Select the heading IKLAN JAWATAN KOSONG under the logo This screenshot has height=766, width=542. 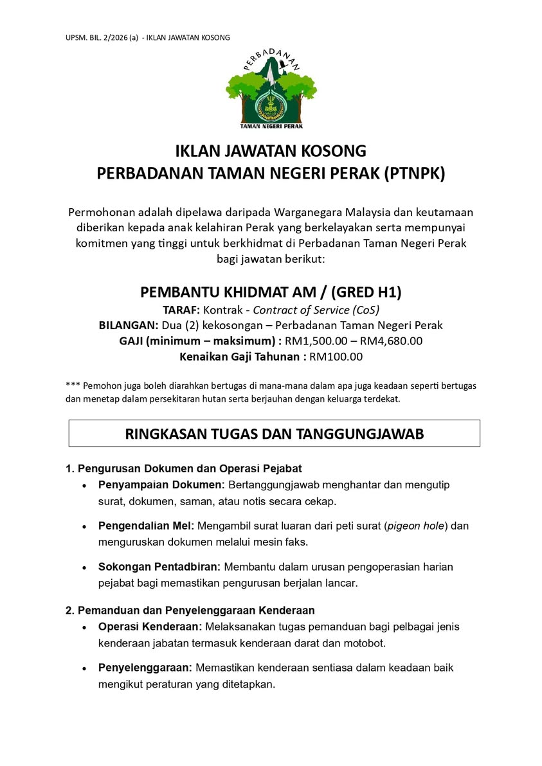271,152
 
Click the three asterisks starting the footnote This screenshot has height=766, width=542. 72,386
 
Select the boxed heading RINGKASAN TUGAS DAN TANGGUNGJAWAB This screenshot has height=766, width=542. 275,434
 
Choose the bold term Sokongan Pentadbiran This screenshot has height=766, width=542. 159,567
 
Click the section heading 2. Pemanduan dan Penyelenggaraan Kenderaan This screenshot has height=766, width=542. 190,610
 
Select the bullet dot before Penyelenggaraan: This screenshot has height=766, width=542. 84,668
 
